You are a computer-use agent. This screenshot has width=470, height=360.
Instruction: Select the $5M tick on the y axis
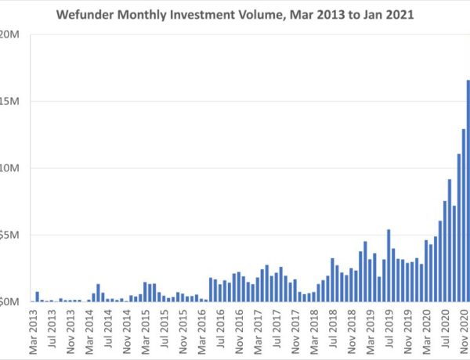pos(11,235)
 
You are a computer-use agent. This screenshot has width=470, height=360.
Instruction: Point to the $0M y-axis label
pos(11,301)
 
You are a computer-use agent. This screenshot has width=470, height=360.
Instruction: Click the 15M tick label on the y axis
pos(11,101)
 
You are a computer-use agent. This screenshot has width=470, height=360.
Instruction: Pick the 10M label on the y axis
pos(11,167)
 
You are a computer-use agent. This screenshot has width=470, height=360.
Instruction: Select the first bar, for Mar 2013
pos(37,297)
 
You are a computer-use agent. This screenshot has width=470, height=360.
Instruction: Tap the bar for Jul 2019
pos(389,265)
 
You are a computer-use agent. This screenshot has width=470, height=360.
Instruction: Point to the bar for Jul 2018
pos(333,279)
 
